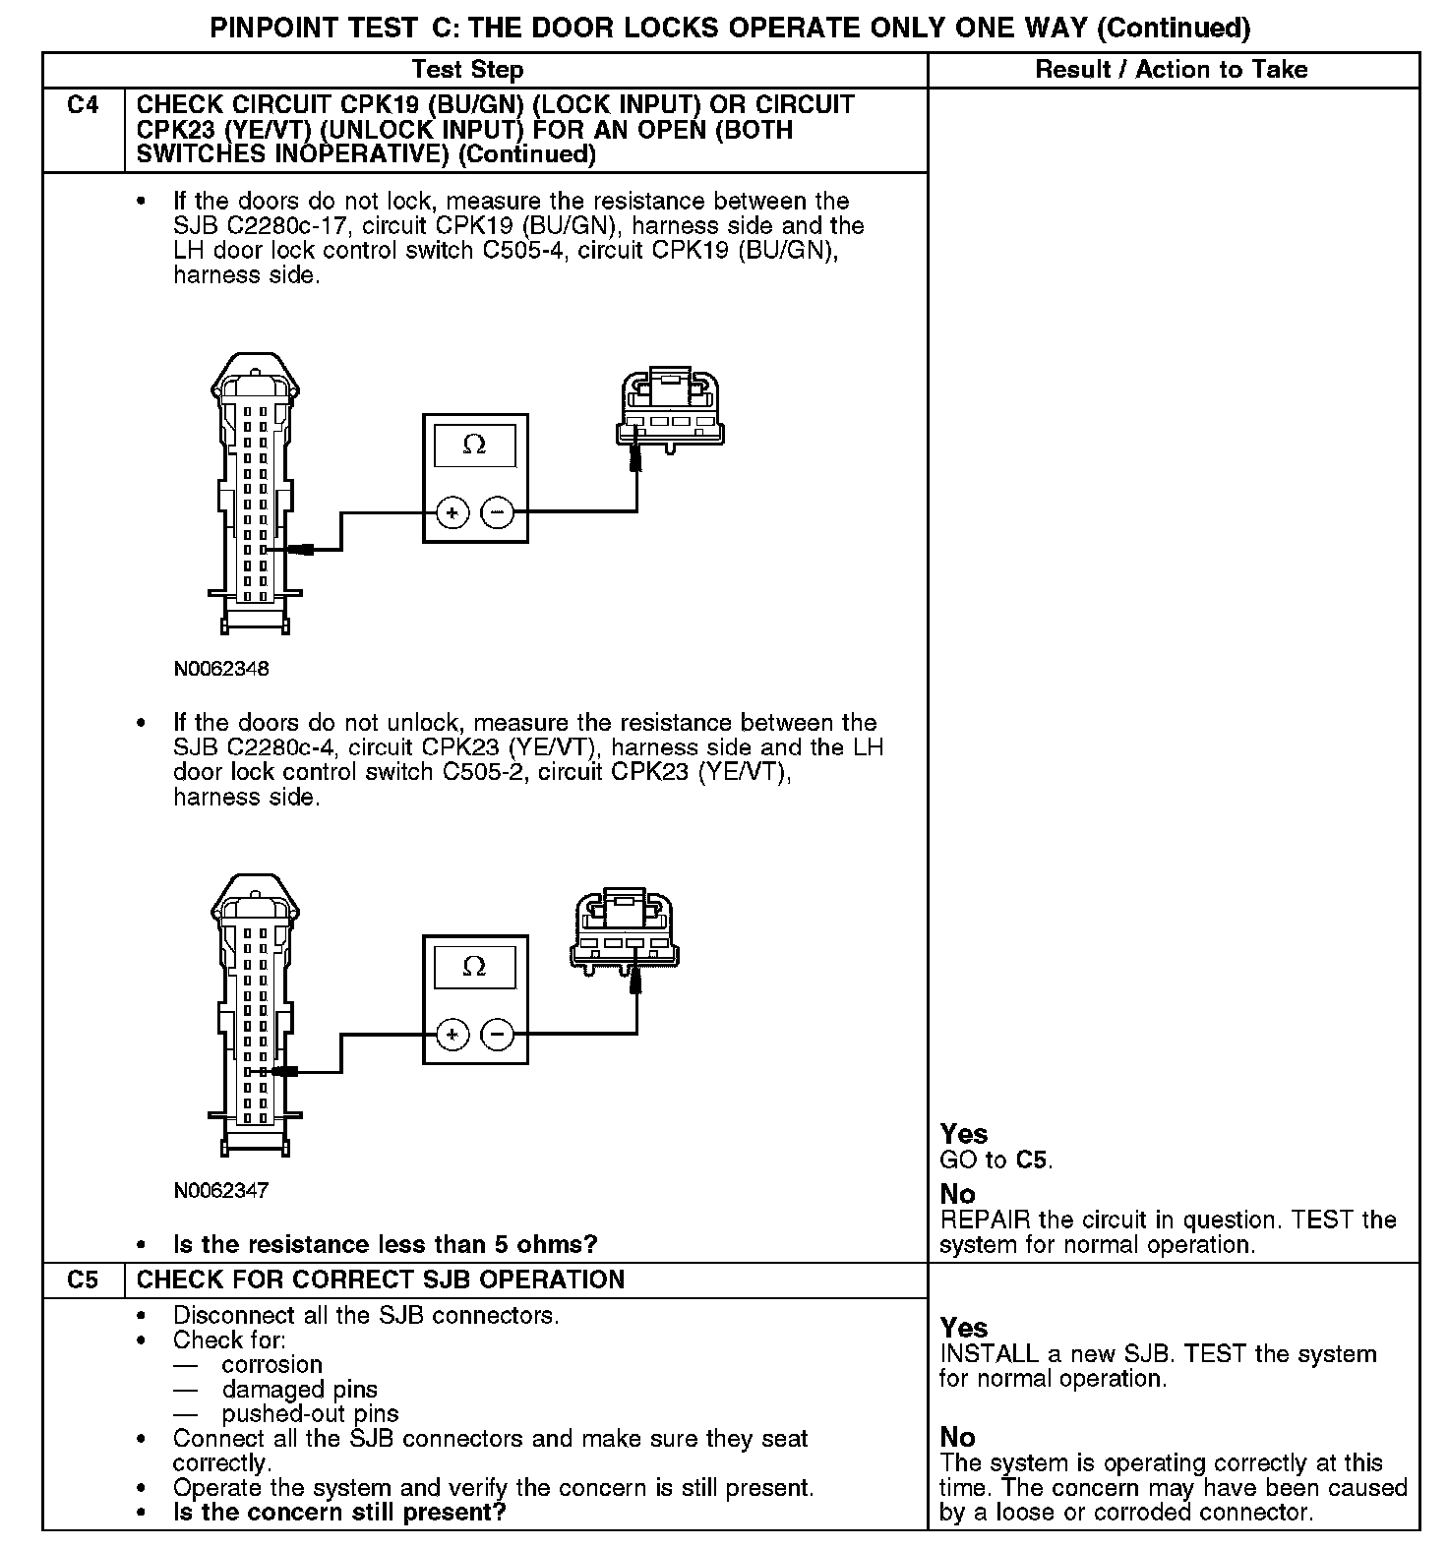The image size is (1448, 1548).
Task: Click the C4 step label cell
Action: click(84, 105)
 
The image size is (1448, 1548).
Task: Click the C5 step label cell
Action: click(84, 1280)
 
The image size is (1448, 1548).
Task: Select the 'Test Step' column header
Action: click(467, 70)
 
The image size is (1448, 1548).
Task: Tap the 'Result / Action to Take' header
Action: click(1172, 70)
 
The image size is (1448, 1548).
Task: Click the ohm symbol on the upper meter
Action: click(474, 446)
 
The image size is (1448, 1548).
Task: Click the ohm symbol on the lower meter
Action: click(474, 968)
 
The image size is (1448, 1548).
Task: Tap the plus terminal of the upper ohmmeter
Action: click(452, 512)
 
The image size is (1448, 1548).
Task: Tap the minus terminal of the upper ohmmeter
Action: click(498, 512)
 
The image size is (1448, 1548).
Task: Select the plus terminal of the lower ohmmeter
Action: click(452, 1034)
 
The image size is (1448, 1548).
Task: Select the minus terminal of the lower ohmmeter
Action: click(498, 1034)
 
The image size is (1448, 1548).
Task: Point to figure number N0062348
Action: click(221, 669)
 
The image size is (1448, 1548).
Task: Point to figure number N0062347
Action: click(221, 1190)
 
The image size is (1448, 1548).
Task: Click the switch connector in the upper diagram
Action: click(670, 410)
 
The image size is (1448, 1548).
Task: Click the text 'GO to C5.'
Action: click(995, 1161)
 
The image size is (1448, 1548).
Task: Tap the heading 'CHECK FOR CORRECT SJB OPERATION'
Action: click(381, 1280)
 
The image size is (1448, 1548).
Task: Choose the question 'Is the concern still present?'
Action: click(339, 1512)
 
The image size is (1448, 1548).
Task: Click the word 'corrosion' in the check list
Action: click(271, 1365)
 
